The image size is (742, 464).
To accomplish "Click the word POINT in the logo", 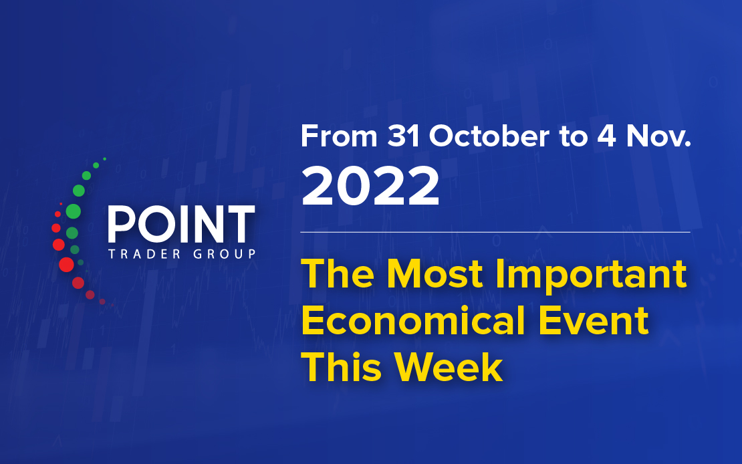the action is tap(182, 224).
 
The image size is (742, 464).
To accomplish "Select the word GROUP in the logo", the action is tap(225, 254).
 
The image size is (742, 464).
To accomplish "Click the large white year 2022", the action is tap(370, 186).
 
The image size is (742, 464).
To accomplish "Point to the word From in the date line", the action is tap(339, 136).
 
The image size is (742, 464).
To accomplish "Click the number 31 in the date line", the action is tap(404, 136).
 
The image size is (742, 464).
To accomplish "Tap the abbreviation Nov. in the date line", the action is tap(658, 136).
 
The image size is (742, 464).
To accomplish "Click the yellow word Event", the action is tap(594, 320).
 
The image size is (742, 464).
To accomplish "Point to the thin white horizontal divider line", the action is tap(495, 233).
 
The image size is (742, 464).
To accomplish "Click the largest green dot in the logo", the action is tap(74, 211).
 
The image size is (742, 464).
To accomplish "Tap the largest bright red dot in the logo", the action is tap(66, 265).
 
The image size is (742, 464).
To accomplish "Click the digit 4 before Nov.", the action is tap(607, 136).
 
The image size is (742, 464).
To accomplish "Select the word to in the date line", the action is tap(574, 137).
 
